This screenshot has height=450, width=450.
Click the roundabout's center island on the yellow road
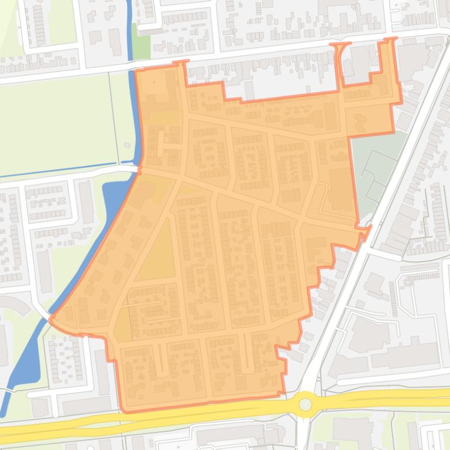pos(304,403)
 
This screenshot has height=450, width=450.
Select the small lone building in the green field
pos(127,146)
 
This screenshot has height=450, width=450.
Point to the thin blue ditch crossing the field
pos(64,171)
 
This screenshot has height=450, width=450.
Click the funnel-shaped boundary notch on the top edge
pos(339,58)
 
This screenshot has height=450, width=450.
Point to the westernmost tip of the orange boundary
pos(51,319)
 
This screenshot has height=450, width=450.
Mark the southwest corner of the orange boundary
pos(121,410)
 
